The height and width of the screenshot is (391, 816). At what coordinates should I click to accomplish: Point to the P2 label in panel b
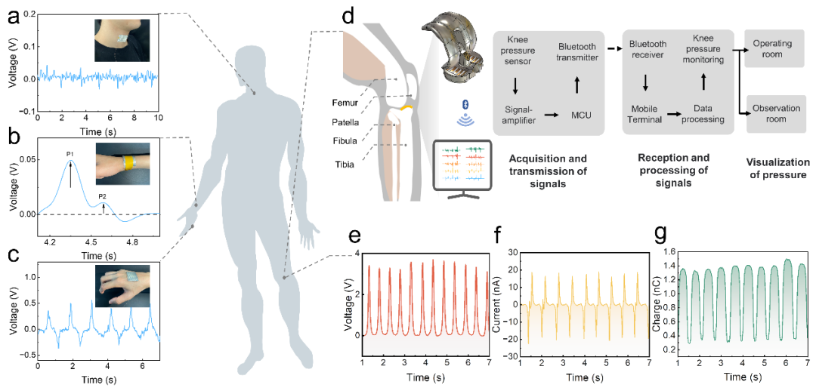pyautogui.click(x=102, y=196)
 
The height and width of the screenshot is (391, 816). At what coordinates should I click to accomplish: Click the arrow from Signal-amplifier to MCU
pyautogui.click(x=552, y=114)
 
